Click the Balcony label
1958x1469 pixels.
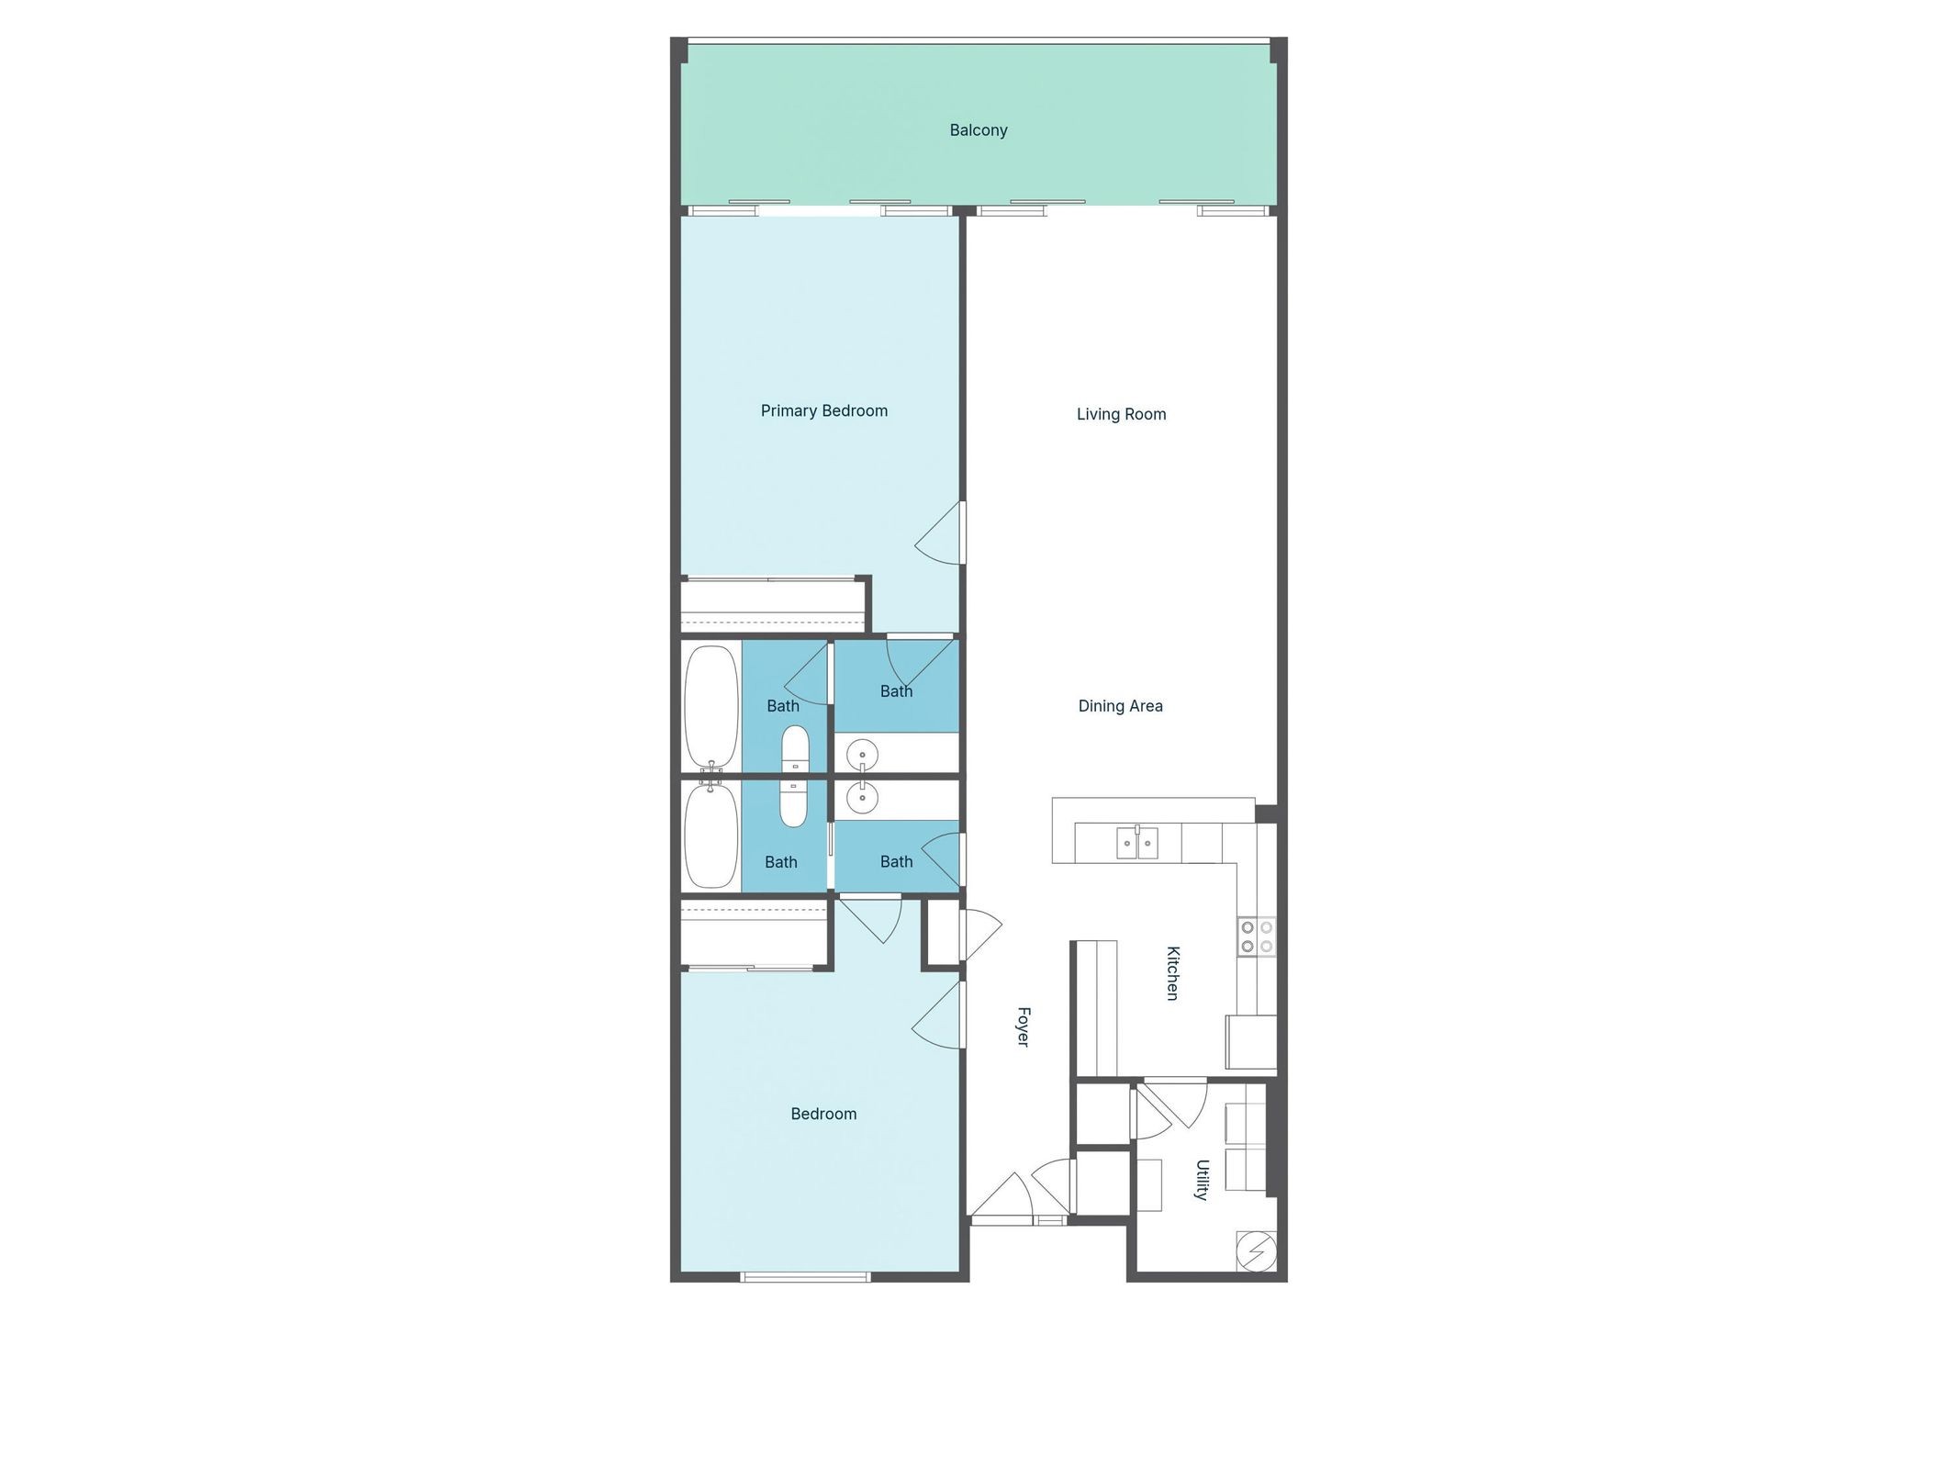point(979,130)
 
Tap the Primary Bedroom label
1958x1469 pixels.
point(823,410)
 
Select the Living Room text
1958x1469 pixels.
point(1121,414)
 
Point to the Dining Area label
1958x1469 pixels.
point(1120,706)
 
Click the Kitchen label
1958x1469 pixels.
point(1172,972)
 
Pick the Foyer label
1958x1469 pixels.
point(1023,1026)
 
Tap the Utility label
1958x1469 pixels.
point(1202,1179)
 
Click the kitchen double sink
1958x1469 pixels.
point(1137,842)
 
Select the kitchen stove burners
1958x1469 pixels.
point(1257,936)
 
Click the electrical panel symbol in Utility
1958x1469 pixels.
point(1256,1250)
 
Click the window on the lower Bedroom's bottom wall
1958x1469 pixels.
point(805,1276)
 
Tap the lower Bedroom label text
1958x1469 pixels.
point(823,1114)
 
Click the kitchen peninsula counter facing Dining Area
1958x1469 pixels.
point(1152,810)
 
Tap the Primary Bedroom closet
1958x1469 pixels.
point(773,607)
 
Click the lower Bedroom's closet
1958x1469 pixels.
point(755,933)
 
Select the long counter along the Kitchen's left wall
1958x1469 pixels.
point(1096,1007)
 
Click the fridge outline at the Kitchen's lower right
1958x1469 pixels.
point(1251,1042)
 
